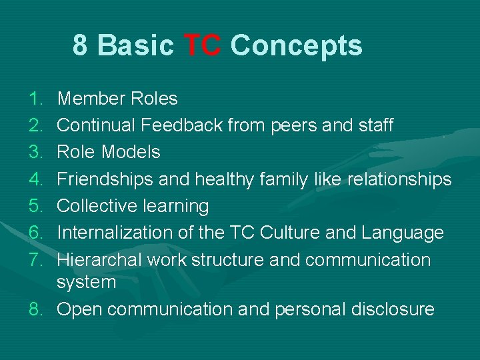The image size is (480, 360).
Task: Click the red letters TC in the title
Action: click(202, 46)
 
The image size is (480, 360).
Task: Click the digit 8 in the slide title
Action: click(80, 46)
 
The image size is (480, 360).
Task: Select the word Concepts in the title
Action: click(296, 46)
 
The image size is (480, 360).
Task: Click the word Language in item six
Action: click(402, 233)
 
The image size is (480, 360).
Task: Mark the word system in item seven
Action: click(86, 283)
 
